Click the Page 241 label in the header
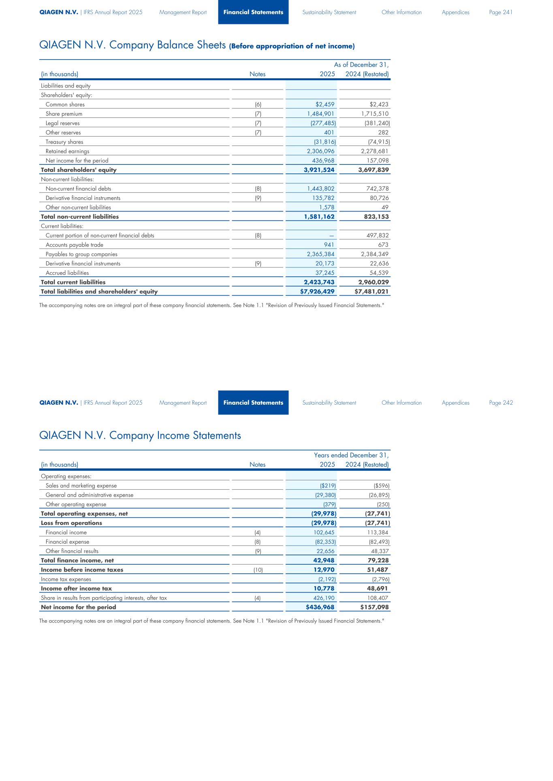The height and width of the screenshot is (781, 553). pos(501,12)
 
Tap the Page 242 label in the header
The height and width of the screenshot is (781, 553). pos(501,403)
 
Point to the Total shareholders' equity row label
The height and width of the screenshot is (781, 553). pos(79,170)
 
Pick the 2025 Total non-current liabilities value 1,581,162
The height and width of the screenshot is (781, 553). pos(319,217)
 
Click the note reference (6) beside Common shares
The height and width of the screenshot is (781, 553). pos(258,105)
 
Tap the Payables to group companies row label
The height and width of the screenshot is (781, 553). pos(81,254)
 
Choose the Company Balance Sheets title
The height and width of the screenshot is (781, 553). pos(197,45)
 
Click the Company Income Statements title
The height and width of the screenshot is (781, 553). pos(140,435)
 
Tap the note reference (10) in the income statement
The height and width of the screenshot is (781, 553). pos(258,570)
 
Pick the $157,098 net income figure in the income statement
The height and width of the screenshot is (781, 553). pos(372,607)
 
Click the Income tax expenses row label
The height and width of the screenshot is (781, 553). pos(66,579)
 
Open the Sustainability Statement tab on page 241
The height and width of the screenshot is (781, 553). pos(329,12)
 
